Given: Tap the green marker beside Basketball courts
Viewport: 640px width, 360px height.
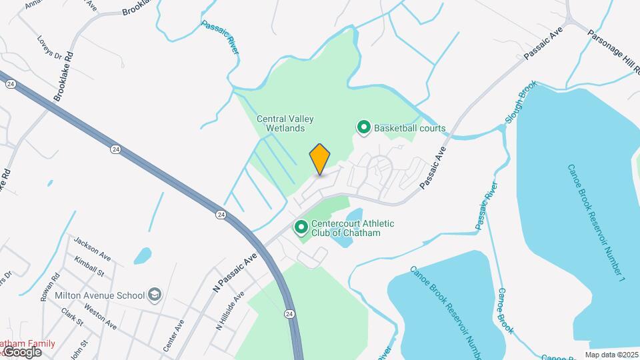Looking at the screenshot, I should click(364, 127).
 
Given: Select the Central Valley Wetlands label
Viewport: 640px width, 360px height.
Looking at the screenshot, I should click(285, 123).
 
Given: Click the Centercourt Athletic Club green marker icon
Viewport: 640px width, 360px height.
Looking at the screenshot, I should click(301, 229).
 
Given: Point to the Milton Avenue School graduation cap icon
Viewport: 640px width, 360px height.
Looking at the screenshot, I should click(155, 295).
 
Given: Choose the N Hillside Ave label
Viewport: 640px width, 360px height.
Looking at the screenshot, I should click(230, 311).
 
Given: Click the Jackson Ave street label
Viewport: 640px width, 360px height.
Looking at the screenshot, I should click(92, 248).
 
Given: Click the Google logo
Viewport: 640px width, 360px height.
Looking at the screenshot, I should click(21, 351).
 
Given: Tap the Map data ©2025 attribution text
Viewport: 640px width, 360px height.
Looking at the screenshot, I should click(611, 355).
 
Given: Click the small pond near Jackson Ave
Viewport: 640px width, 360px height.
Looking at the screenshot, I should click(143, 255).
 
